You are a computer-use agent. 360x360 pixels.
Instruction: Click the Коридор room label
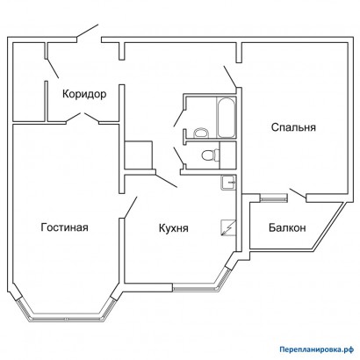(83, 93)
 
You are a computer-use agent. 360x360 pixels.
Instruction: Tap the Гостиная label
(64, 228)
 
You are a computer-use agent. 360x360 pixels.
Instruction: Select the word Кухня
(175, 228)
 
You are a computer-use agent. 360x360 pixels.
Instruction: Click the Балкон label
(287, 228)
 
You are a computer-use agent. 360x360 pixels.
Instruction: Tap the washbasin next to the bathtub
(201, 133)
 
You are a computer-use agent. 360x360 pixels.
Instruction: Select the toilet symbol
(209, 155)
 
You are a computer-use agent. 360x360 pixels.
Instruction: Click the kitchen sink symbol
(227, 183)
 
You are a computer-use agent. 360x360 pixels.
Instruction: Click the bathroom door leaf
(179, 112)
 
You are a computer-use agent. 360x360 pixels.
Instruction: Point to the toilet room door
(178, 157)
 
